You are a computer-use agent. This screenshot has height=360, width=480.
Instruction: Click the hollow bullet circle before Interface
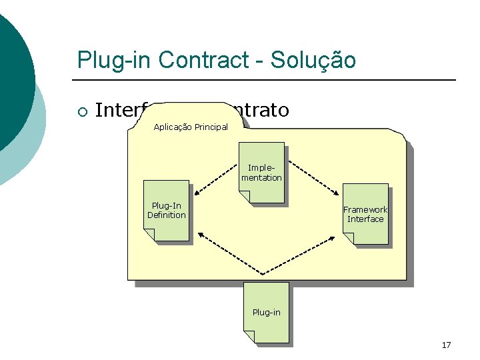tap(81, 111)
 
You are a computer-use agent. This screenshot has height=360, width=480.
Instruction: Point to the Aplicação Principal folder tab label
tap(191, 127)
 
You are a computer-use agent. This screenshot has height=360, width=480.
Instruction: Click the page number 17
tap(446, 345)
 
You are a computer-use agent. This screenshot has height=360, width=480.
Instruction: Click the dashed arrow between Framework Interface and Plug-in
tap(307, 253)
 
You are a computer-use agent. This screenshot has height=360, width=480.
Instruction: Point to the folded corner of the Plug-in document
tap(249, 337)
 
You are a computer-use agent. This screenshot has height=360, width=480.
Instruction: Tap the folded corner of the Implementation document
tap(245, 197)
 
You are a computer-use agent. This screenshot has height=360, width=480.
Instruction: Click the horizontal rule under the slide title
tap(267, 80)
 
